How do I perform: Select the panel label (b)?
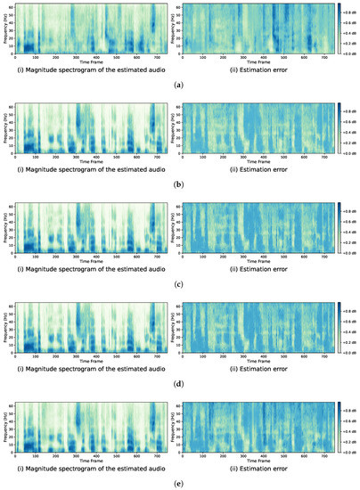179,184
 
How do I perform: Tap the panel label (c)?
179,284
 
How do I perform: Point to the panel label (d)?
179,384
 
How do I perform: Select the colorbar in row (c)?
340,231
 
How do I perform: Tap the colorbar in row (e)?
340,430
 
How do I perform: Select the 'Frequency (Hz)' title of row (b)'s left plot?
4,130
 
